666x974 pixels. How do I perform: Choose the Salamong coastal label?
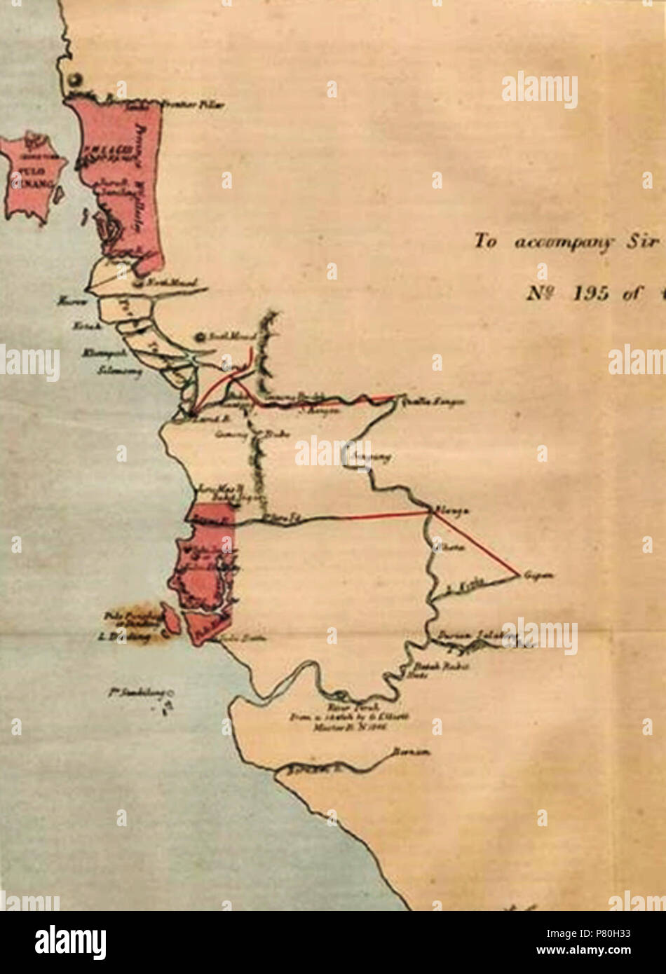coord(120,371)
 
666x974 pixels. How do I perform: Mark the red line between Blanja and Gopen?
coord(477,544)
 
